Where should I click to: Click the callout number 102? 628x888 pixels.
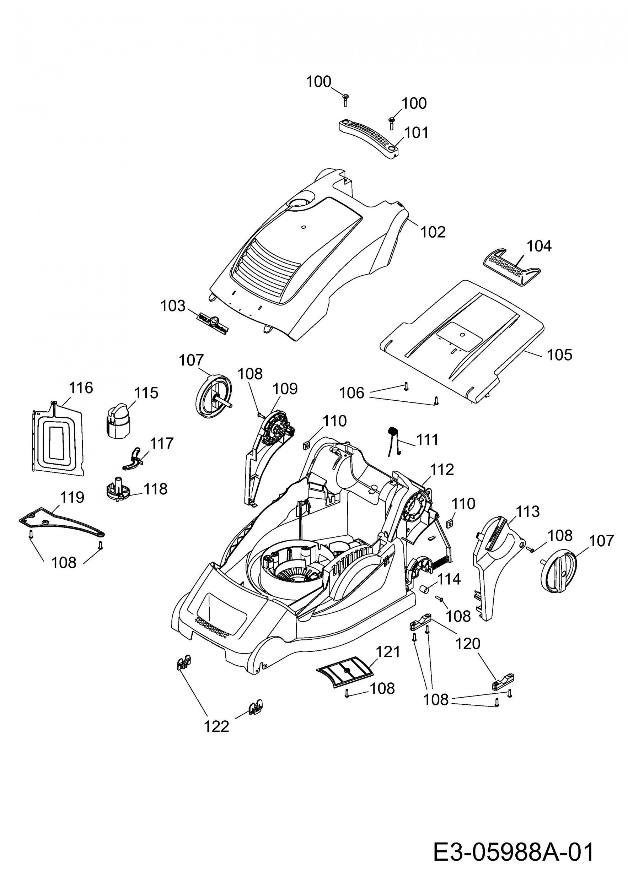click(433, 232)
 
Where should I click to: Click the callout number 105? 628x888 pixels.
click(559, 354)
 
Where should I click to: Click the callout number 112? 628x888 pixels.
click(442, 470)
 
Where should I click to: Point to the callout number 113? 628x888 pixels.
click(528, 512)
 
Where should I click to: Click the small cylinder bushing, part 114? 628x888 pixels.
click(426, 589)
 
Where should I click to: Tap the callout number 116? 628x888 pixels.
click(81, 388)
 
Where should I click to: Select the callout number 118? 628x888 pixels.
click(156, 489)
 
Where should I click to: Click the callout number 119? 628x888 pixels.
click(72, 497)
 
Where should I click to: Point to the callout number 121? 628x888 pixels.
click(388, 652)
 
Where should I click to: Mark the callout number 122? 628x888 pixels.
click(217, 726)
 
